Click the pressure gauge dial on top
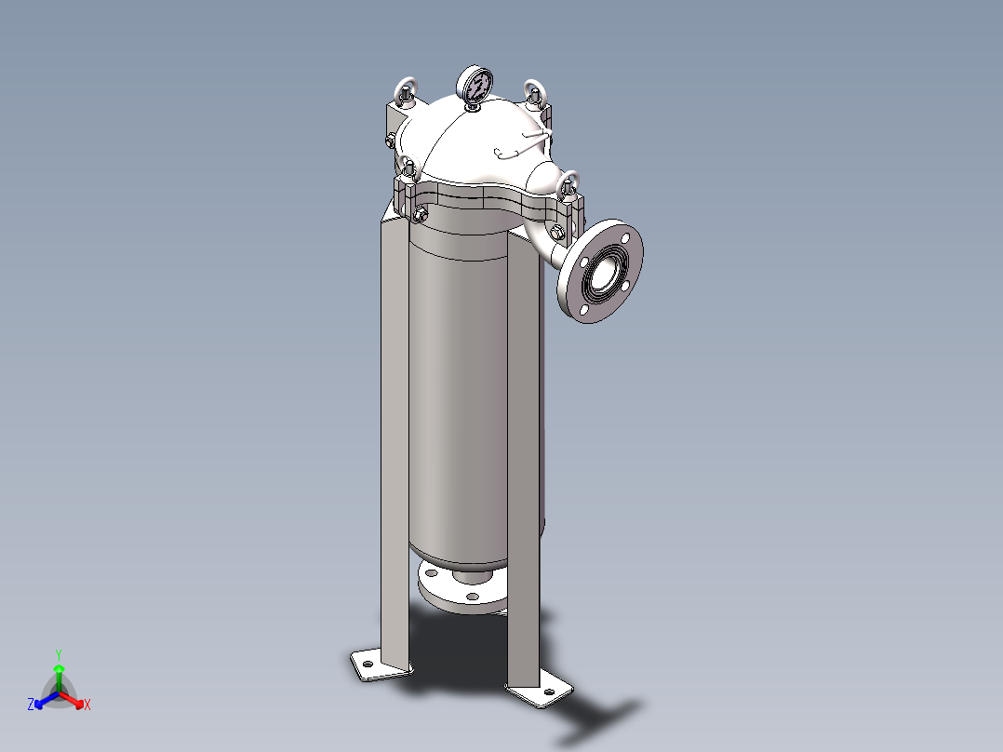(x=476, y=87)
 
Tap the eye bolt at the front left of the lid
(x=408, y=169)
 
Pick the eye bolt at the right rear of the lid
(x=534, y=93)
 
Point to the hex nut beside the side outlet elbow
(x=557, y=233)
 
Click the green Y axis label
(x=58, y=654)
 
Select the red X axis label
(x=87, y=705)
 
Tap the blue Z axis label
(x=31, y=705)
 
